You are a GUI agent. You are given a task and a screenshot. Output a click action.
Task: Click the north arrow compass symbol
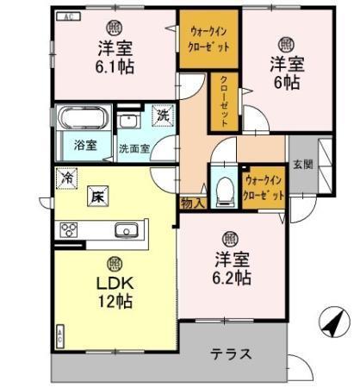[x=331, y=324]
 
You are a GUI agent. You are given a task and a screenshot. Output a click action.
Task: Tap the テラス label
[x=231, y=353]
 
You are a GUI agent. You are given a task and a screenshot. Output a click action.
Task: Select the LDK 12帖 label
[x=114, y=294]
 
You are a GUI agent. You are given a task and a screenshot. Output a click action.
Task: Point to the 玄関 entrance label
[x=301, y=165]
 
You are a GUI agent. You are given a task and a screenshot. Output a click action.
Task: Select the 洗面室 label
[x=133, y=147]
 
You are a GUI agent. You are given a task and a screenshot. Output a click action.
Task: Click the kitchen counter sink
[x=127, y=230]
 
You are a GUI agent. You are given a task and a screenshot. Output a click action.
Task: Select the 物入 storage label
[x=193, y=203]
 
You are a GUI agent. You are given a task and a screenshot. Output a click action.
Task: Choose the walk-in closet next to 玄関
[x=264, y=187]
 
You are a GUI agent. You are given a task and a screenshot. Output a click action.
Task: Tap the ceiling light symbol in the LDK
[x=113, y=262]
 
